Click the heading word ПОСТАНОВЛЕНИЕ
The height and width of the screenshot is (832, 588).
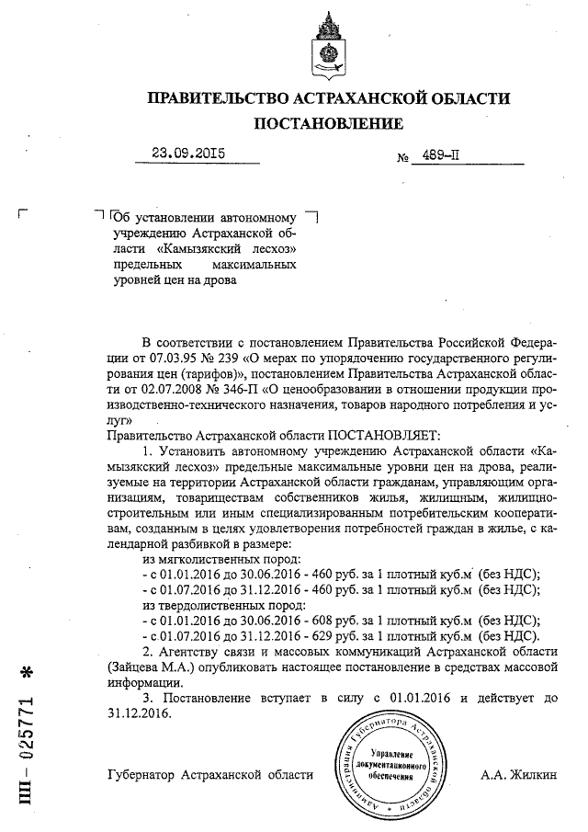[x=328, y=123]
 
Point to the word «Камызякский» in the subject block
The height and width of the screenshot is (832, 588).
[x=207, y=249]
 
